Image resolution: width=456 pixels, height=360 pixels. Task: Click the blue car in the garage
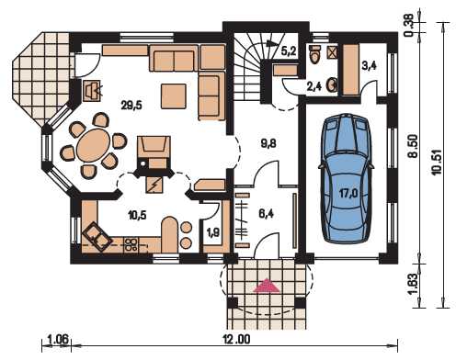[345, 178]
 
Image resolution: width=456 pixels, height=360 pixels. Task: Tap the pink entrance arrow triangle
[267, 286]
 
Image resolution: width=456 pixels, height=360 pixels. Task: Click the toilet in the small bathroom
[315, 54]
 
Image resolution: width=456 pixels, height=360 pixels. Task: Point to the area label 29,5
[131, 106]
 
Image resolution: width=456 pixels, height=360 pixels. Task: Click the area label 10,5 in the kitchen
[138, 215]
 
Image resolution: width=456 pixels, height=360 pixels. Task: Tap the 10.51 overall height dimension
[438, 163]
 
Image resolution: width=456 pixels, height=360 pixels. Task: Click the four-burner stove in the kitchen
[131, 244]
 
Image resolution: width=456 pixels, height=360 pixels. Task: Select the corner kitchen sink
[97, 237]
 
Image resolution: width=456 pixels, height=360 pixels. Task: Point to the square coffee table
[174, 96]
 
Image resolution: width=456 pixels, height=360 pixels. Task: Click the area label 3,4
[369, 66]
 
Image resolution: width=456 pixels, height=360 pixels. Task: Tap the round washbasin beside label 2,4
[332, 84]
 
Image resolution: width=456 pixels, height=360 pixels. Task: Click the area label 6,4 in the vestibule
[267, 214]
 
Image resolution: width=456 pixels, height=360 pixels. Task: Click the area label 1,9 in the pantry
[213, 233]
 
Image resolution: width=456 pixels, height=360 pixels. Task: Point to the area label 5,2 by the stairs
[289, 51]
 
